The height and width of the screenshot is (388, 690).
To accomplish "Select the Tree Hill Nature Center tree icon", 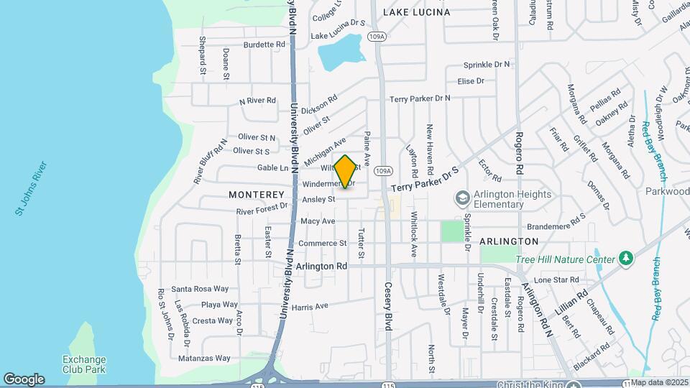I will point(626,259).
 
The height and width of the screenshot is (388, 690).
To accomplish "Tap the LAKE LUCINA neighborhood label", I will point(416,12).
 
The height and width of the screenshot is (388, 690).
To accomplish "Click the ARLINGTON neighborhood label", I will point(509,241).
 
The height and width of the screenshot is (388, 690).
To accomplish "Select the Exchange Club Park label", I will point(84,364).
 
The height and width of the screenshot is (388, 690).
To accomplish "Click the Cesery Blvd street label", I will point(388,306).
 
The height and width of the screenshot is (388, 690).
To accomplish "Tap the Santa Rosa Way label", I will point(200,289).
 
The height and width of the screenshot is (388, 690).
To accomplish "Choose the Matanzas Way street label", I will point(205,358).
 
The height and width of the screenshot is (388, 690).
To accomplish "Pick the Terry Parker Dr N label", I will point(420,98).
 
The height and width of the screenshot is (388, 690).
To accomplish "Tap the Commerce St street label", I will point(323,244).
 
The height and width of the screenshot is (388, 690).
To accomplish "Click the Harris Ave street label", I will point(310,306).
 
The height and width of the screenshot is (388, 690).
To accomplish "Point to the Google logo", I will point(24,379).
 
